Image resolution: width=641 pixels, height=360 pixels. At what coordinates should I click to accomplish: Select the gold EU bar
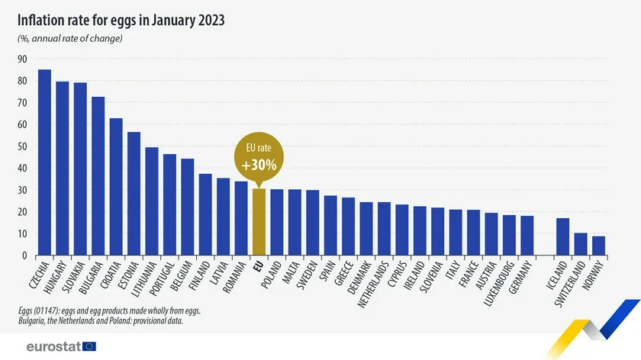(259, 222)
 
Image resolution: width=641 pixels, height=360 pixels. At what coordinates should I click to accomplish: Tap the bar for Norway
(599, 246)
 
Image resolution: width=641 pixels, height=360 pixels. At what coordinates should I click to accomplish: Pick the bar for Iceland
(563, 236)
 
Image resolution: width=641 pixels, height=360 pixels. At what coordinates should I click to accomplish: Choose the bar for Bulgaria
(98, 176)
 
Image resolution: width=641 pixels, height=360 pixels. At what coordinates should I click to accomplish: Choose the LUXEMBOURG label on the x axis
(497, 285)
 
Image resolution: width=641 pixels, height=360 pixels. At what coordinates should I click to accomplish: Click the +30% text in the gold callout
(259, 165)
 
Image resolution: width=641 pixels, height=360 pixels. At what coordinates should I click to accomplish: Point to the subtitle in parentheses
(70, 39)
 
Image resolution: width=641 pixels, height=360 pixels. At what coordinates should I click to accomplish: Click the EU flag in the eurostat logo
(89, 346)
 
